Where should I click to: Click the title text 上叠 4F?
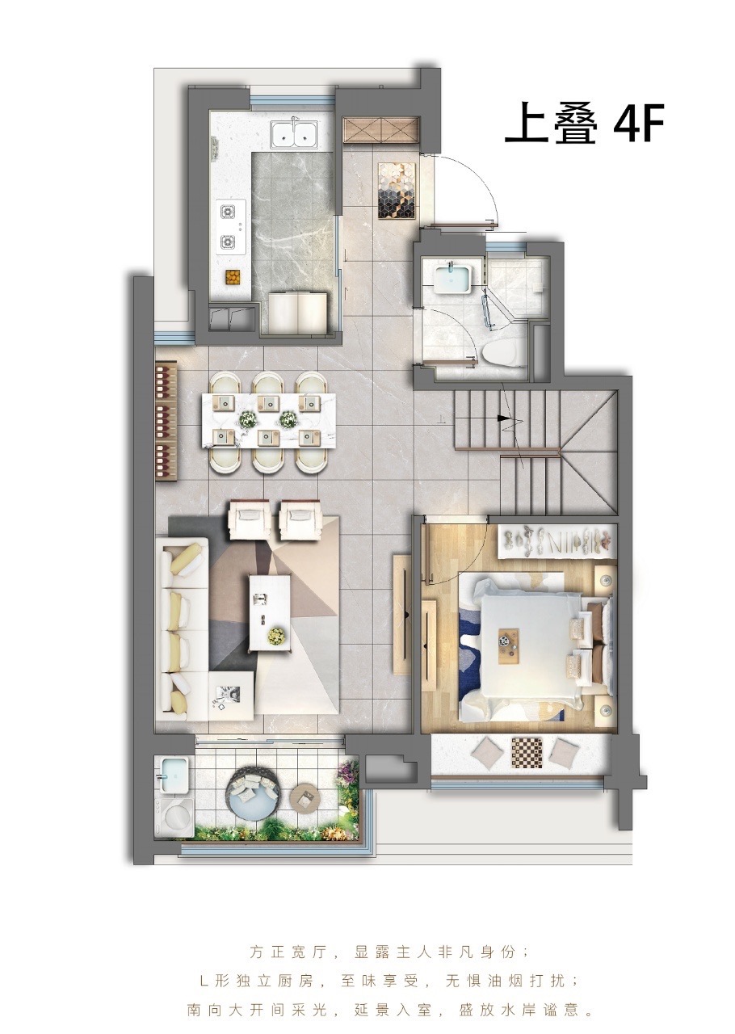(x=584, y=124)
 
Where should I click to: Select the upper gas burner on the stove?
(x=227, y=212)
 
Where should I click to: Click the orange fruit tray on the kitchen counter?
(x=233, y=277)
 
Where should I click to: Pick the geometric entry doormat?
(x=397, y=191)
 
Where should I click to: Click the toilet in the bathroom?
(x=498, y=353)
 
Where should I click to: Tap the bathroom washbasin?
(x=451, y=276)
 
